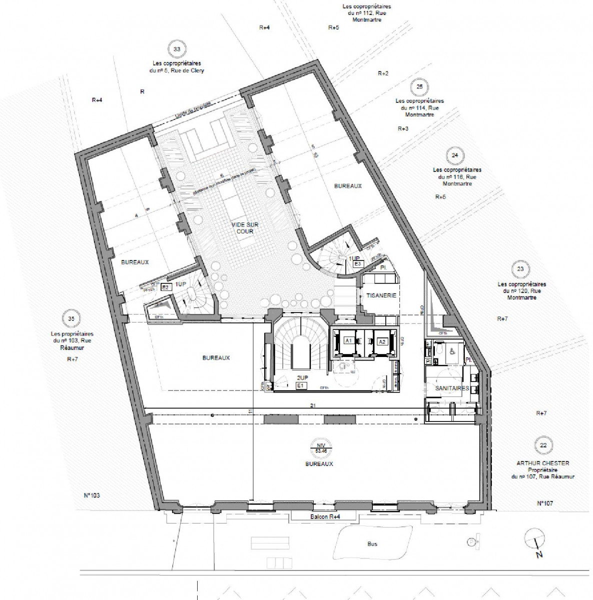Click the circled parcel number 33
[176, 49]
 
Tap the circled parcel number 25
[419, 86]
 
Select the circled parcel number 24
[454, 155]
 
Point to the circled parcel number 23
[520, 269]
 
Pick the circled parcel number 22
[542, 444]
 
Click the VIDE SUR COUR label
[242, 228]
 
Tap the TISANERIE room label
[381, 295]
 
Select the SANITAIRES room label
[452, 388]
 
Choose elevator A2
[382, 341]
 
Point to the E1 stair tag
[301, 386]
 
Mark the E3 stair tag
[357, 263]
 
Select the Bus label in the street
[371, 544]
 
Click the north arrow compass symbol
[533, 541]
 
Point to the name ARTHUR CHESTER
[542, 463]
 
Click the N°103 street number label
[92, 495]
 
